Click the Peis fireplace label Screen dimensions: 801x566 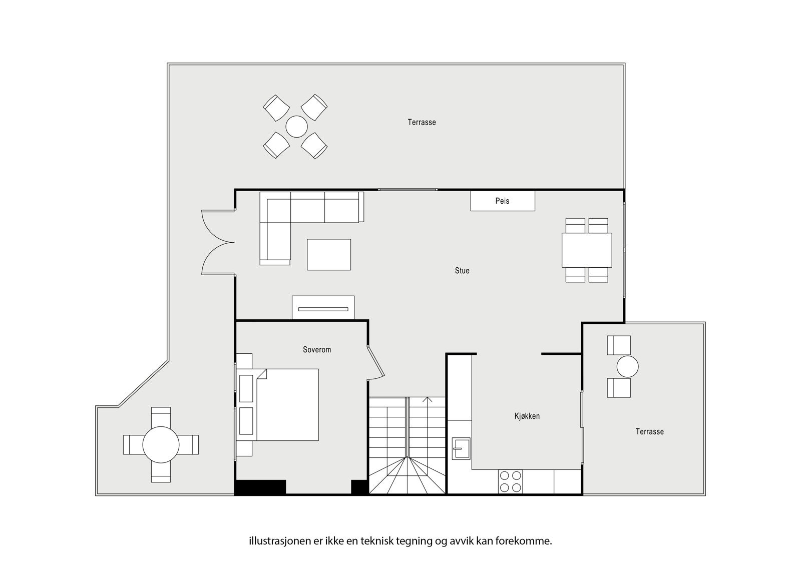pos(502,201)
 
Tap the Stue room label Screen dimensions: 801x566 pos(462,271)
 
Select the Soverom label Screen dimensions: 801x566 pos(317,350)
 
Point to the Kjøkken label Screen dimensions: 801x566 pos(527,416)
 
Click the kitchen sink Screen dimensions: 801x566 pos(461,448)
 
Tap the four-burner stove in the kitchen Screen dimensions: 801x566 pos(510,481)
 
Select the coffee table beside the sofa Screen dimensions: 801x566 pos(329,255)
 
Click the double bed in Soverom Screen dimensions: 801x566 pos(287,405)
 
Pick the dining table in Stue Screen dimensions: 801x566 pos(587,250)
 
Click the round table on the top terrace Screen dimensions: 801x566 pos(296,127)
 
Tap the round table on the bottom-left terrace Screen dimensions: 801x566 pos(161,445)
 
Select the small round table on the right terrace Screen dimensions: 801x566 pos(628,366)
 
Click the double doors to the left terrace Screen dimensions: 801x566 pos(216,242)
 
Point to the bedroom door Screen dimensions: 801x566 pos(375,362)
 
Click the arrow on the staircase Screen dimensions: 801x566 pos(427,399)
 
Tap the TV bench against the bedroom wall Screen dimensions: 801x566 pos(323,307)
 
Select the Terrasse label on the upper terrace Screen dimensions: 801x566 pos(422,122)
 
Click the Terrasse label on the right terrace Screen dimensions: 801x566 pos(650,431)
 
